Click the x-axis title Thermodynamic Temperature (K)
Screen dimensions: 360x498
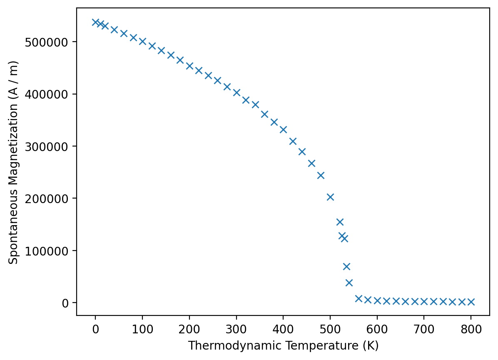(x=283, y=346)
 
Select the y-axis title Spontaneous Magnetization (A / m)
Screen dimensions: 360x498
(x=14, y=162)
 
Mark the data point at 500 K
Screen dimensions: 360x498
(x=330, y=197)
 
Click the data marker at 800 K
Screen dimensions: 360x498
(x=471, y=302)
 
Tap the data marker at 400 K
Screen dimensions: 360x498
(x=283, y=129)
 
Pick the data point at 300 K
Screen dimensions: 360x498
(x=237, y=92)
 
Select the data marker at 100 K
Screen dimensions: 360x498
(x=142, y=41)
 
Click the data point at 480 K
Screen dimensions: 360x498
(x=321, y=175)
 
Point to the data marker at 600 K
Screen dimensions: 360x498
(x=377, y=300)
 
